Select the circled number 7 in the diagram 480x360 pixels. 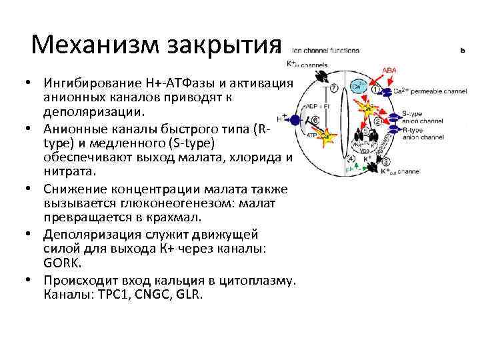[x=333, y=88]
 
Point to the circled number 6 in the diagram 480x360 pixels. [x=315, y=120]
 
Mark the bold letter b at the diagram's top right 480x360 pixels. [x=463, y=50]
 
